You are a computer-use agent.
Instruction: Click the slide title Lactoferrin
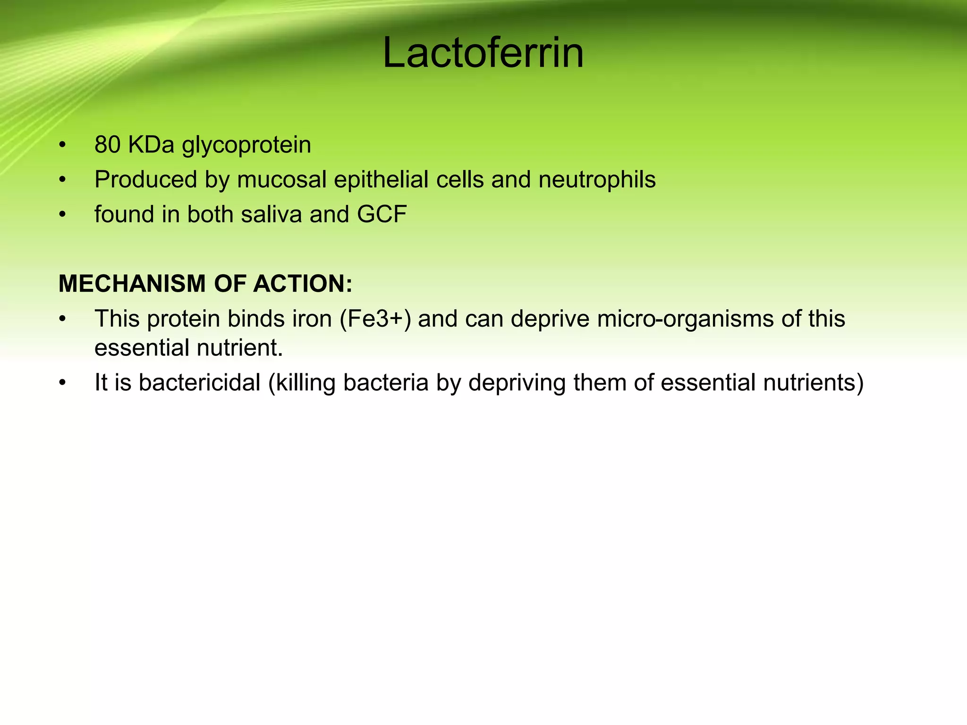tap(483, 53)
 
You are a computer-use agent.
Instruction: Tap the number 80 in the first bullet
tap(107, 144)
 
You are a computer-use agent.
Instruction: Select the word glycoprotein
tap(246, 145)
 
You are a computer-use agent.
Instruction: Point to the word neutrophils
tap(597, 180)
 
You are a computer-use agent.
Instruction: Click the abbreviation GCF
tap(382, 214)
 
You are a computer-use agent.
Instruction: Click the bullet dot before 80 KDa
tap(62, 145)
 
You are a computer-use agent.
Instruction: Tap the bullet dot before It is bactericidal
tap(62, 383)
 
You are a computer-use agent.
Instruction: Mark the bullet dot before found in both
tap(62, 215)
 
